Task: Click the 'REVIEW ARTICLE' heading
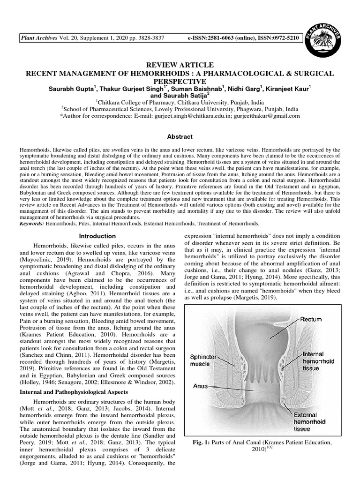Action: (x=180, y=65)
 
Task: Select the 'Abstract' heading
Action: (x=180, y=136)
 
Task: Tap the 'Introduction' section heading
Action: (x=97, y=236)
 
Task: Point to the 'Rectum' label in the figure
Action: (x=311, y=319)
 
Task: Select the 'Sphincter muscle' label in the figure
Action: (x=203, y=360)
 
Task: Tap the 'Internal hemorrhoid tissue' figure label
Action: (x=317, y=361)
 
